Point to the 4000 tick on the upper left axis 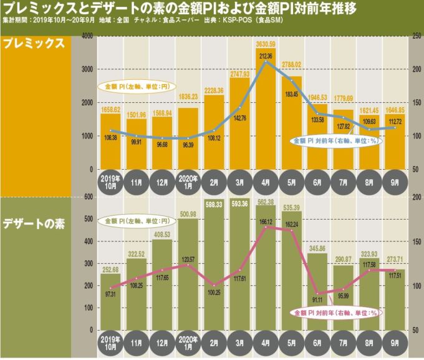87,38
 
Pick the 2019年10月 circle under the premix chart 110,181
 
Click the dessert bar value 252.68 110,270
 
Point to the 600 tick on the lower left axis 89,197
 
